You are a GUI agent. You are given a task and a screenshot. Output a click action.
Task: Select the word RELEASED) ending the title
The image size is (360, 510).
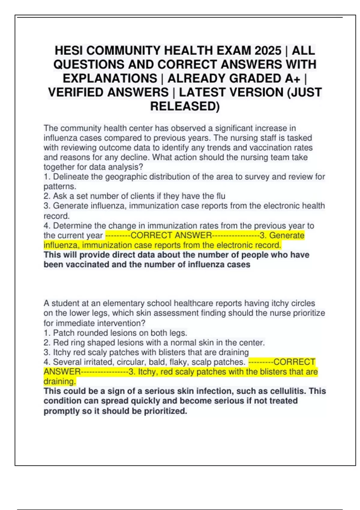coord(185,106)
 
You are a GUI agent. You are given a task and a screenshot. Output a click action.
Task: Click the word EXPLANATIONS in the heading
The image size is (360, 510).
coord(110,78)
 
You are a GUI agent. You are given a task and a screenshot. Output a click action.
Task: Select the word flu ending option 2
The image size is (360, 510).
coord(220,196)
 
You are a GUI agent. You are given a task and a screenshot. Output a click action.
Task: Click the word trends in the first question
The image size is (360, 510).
coord(215,148)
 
